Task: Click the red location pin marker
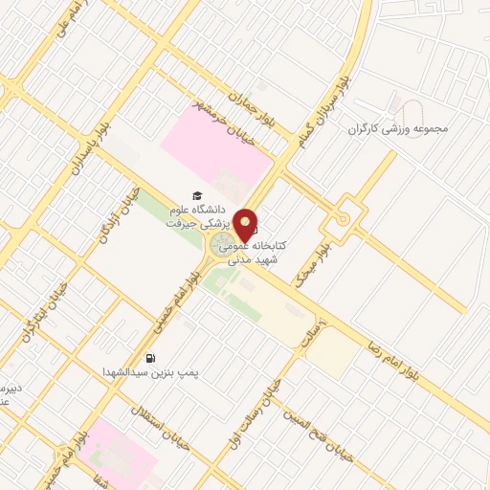[x=247, y=225]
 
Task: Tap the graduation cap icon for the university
[x=183, y=195]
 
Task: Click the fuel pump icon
[x=149, y=358]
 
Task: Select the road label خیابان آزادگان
[x=113, y=214]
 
